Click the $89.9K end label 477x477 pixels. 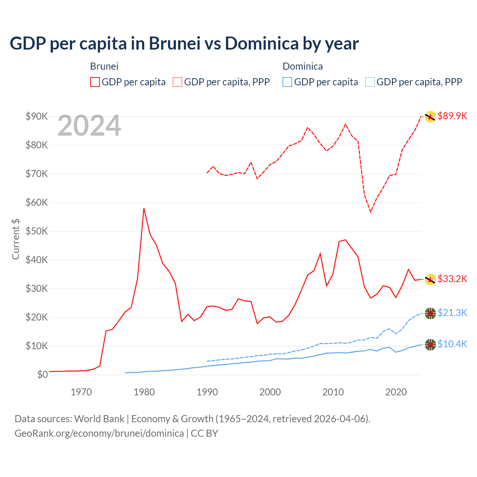tap(452, 116)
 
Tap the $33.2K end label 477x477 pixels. tap(452, 279)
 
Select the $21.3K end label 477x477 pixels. tap(452, 313)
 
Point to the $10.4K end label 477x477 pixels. tap(452, 344)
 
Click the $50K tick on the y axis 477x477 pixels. tap(37, 231)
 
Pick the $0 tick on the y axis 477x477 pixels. tap(42, 375)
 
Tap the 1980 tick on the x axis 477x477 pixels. tap(144, 392)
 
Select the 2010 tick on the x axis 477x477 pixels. tap(333, 392)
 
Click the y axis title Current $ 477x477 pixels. tap(16, 239)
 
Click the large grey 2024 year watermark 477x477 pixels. tap(89, 126)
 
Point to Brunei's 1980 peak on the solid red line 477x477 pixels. tap(144, 208)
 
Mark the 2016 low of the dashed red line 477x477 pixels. tap(370, 212)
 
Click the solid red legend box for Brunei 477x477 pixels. tap(95, 82)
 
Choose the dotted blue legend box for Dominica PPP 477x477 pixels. tap(370, 82)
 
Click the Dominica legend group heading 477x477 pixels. tap(303, 66)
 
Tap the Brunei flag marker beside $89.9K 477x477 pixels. tap(430, 117)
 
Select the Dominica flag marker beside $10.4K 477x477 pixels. tap(430, 345)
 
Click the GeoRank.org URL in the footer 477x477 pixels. tap(99, 433)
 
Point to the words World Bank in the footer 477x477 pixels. tap(99, 419)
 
